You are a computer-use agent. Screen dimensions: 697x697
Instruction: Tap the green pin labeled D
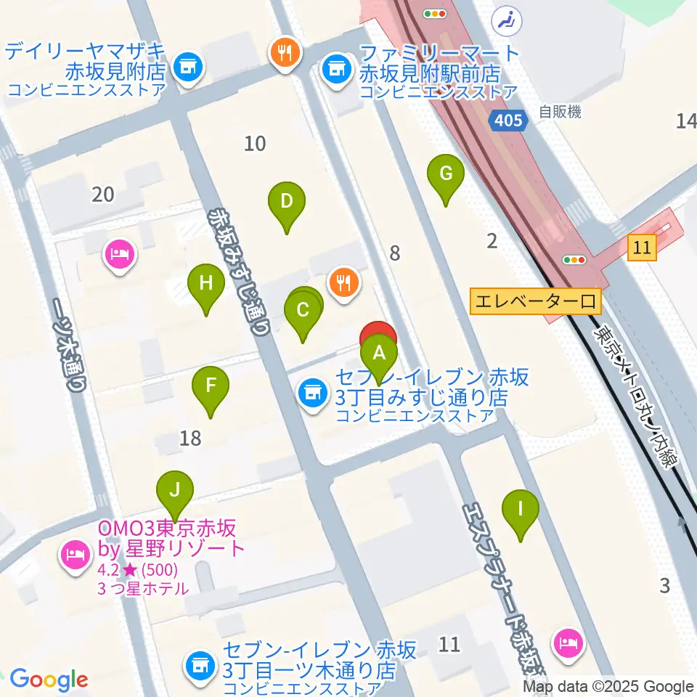click(287, 202)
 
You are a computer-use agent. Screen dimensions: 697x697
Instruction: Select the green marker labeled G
click(446, 175)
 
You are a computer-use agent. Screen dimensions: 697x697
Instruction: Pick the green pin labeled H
click(206, 284)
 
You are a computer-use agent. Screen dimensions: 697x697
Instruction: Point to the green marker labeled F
click(211, 386)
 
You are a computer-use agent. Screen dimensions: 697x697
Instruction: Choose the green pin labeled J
click(174, 490)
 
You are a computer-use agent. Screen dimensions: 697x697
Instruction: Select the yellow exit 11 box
click(643, 247)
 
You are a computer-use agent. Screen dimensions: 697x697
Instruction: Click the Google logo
click(49, 680)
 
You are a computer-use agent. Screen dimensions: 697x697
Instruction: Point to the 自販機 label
click(560, 112)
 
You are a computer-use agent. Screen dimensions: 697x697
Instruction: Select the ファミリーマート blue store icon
click(335, 70)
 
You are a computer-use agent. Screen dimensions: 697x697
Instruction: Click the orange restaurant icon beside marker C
click(343, 282)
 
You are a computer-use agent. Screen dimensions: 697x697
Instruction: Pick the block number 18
click(190, 438)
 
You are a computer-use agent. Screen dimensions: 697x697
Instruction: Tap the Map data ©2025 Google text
click(608, 686)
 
